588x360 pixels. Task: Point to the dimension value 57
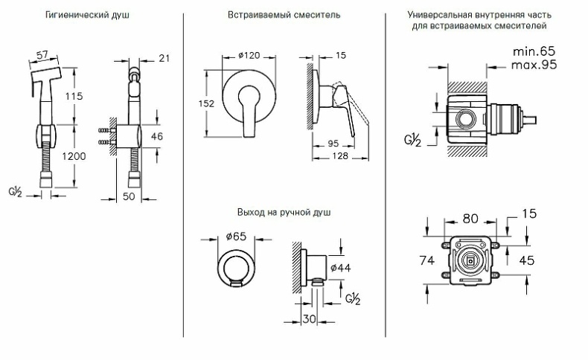pos(43,55)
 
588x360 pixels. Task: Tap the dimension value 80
pos(471,219)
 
